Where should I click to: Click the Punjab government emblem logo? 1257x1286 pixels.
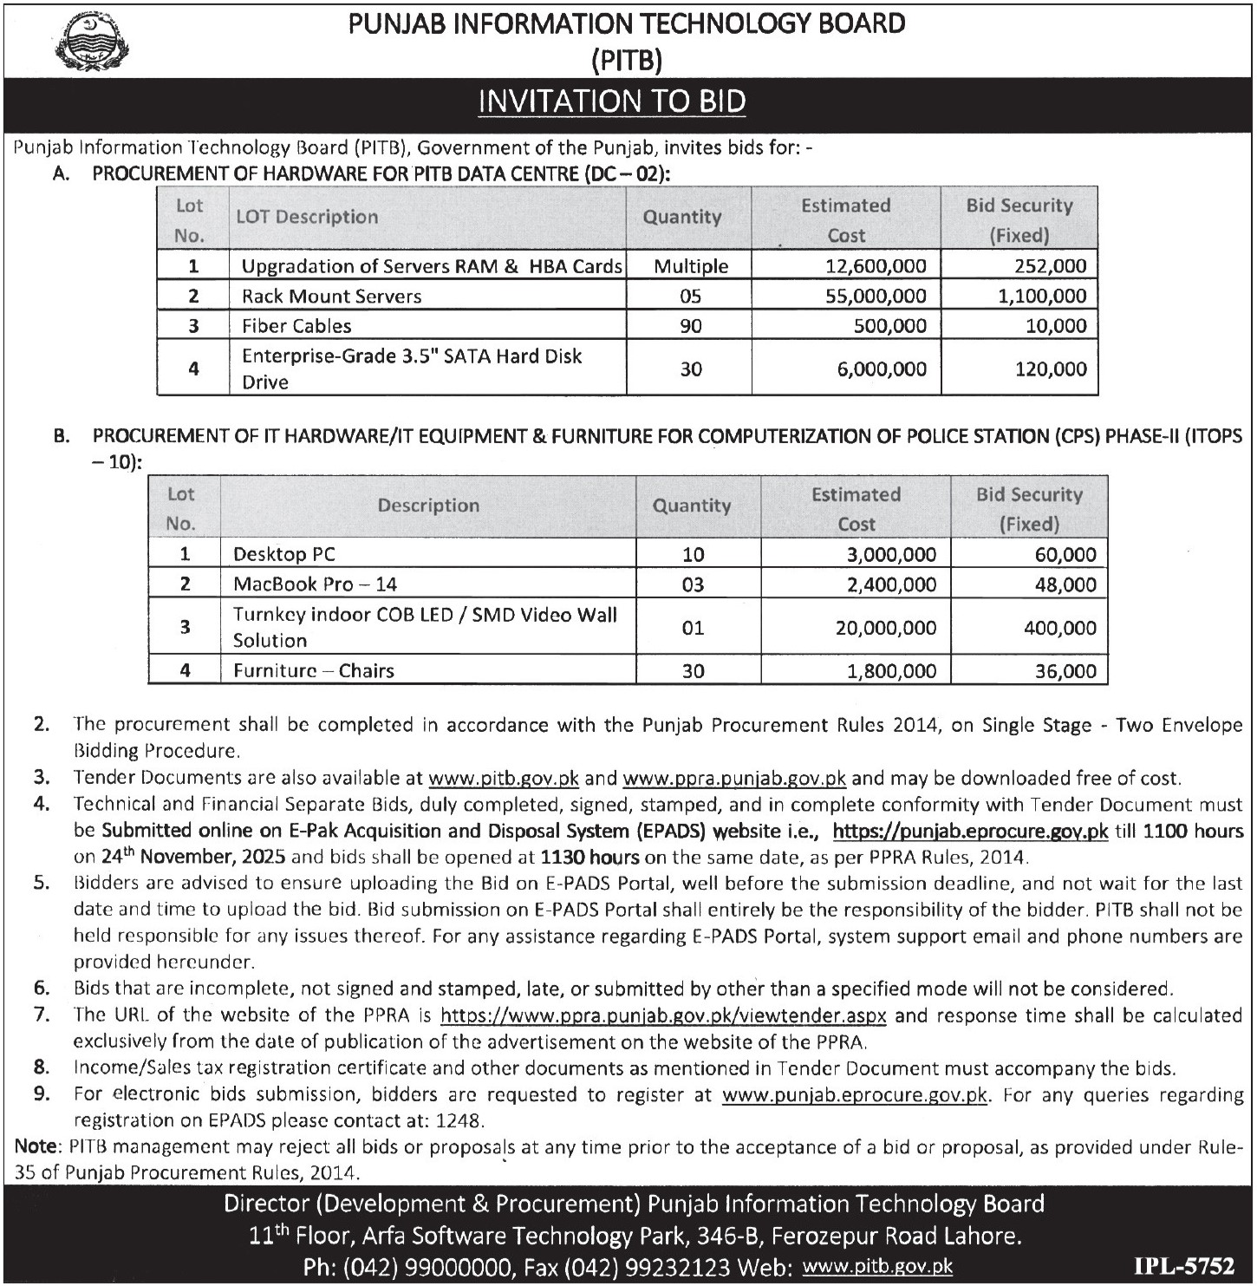[89, 42]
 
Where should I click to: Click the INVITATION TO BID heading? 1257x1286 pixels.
[612, 102]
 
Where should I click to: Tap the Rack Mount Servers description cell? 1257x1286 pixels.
[331, 297]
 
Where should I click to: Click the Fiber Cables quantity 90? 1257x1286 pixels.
[691, 326]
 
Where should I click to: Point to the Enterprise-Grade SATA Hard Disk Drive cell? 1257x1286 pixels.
[412, 369]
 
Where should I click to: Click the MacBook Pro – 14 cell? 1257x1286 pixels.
[315, 584]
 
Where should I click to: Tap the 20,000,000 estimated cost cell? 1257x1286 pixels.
[885, 628]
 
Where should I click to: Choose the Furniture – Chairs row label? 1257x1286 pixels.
[313, 671]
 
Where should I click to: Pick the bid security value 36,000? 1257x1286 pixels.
[1065, 671]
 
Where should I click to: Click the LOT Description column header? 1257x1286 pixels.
[307, 218]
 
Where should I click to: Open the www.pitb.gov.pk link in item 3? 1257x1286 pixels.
[504, 778]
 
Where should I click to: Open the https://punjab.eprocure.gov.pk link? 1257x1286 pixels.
[970, 831]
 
